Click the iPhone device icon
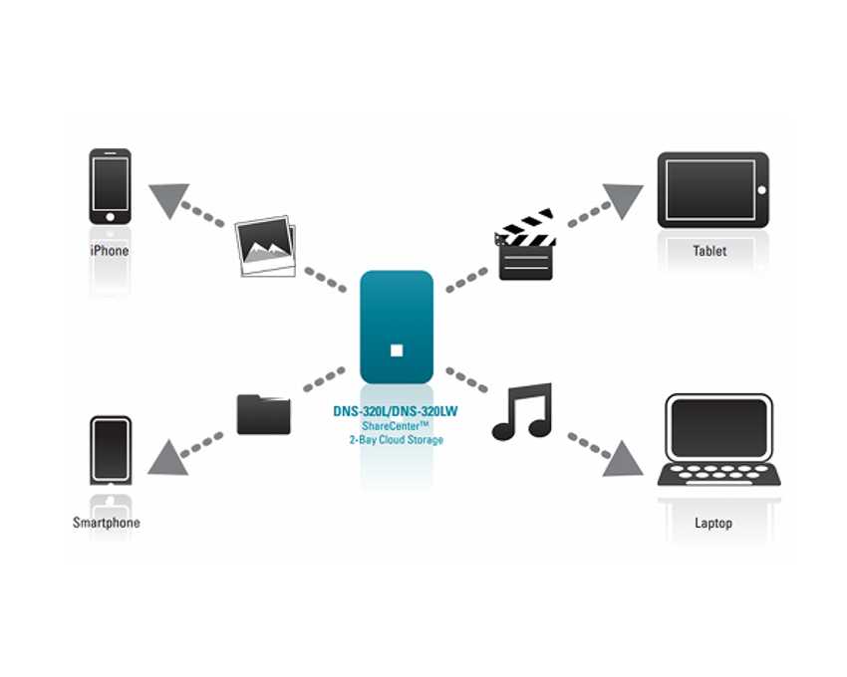(x=110, y=186)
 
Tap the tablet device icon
(x=712, y=190)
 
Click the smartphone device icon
(x=111, y=451)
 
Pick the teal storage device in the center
(x=397, y=327)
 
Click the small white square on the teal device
(x=397, y=349)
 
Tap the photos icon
(x=265, y=246)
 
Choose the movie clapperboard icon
(x=525, y=245)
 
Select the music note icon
(x=522, y=412)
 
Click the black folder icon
(x=264, y=413)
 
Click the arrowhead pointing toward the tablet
(x=624, y=200)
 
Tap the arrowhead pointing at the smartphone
(x=166, y=457)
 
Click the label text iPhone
(x=110, y=251)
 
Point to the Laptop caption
(x=713, y=523)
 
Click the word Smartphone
(x=107, y=523)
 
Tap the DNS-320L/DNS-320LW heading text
(x=396, y=410)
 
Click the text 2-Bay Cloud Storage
(x=396, y=439)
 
